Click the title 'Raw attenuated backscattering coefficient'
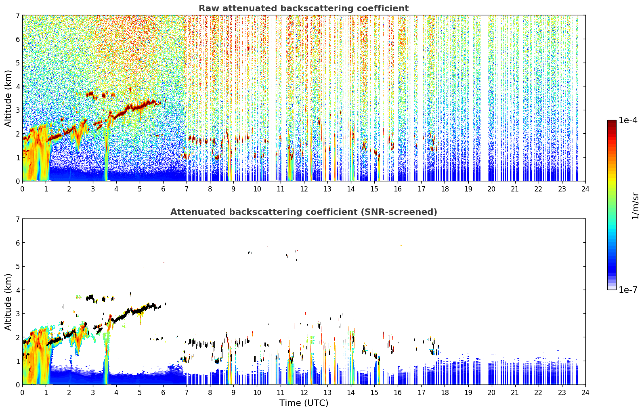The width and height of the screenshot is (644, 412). [x=304, y=8]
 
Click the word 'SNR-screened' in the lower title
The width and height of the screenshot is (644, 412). [x=399, y=212]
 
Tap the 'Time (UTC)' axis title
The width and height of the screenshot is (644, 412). [x=304, y=403]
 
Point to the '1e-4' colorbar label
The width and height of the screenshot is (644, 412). [x=628, y=120]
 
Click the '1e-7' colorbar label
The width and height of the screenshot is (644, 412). [x=628, y=290]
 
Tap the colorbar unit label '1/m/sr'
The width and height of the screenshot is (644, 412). [x=635, y=206]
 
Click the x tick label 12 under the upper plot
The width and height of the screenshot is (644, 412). [x=304, y=189]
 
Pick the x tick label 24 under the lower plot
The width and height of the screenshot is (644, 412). [x=585, y=393]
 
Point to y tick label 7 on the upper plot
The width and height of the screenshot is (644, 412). [x=18, y=15]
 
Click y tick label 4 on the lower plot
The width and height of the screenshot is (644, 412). [x=18, y=290]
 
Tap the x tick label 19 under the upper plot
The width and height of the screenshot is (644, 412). [x=468, y=189]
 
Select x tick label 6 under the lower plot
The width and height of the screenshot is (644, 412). [x=163, y=393]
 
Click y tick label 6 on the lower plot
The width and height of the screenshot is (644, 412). [x=18, y=242]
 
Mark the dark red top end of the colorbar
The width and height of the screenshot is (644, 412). [x=612, y=122]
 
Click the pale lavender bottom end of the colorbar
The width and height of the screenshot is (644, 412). [x=612, y=288]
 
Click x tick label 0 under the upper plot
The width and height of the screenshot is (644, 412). [x=23, y=189]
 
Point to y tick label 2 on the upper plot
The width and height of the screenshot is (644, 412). [x=18, y=134]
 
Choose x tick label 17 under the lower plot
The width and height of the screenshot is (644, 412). [x=422, y=393]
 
